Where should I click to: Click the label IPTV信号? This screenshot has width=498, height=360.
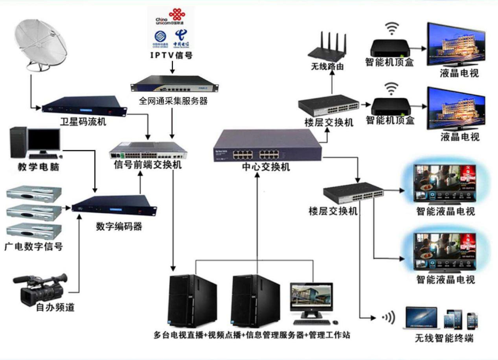coord(171,55)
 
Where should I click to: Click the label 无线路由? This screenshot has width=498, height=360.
coord(327,67)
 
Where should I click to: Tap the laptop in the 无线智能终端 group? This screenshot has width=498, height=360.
coord(421,318)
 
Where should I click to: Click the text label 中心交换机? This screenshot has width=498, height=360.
coord(266,167)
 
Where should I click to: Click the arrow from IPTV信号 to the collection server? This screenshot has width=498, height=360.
coord(171,66)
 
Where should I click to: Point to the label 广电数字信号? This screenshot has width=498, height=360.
coord(33,247)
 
